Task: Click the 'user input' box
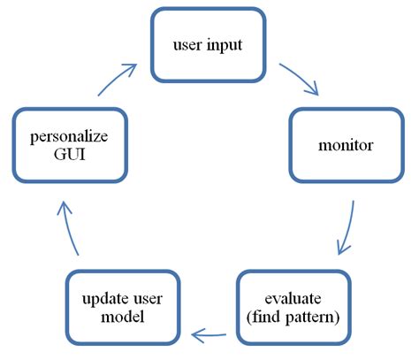(208, 43)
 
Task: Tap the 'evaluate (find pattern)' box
(293, 306)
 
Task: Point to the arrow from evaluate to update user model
(213, 333)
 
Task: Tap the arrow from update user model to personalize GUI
(70, 230)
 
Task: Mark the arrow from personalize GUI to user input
(115, 78)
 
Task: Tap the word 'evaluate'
(293, 297)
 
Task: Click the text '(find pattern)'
(293, 316)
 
